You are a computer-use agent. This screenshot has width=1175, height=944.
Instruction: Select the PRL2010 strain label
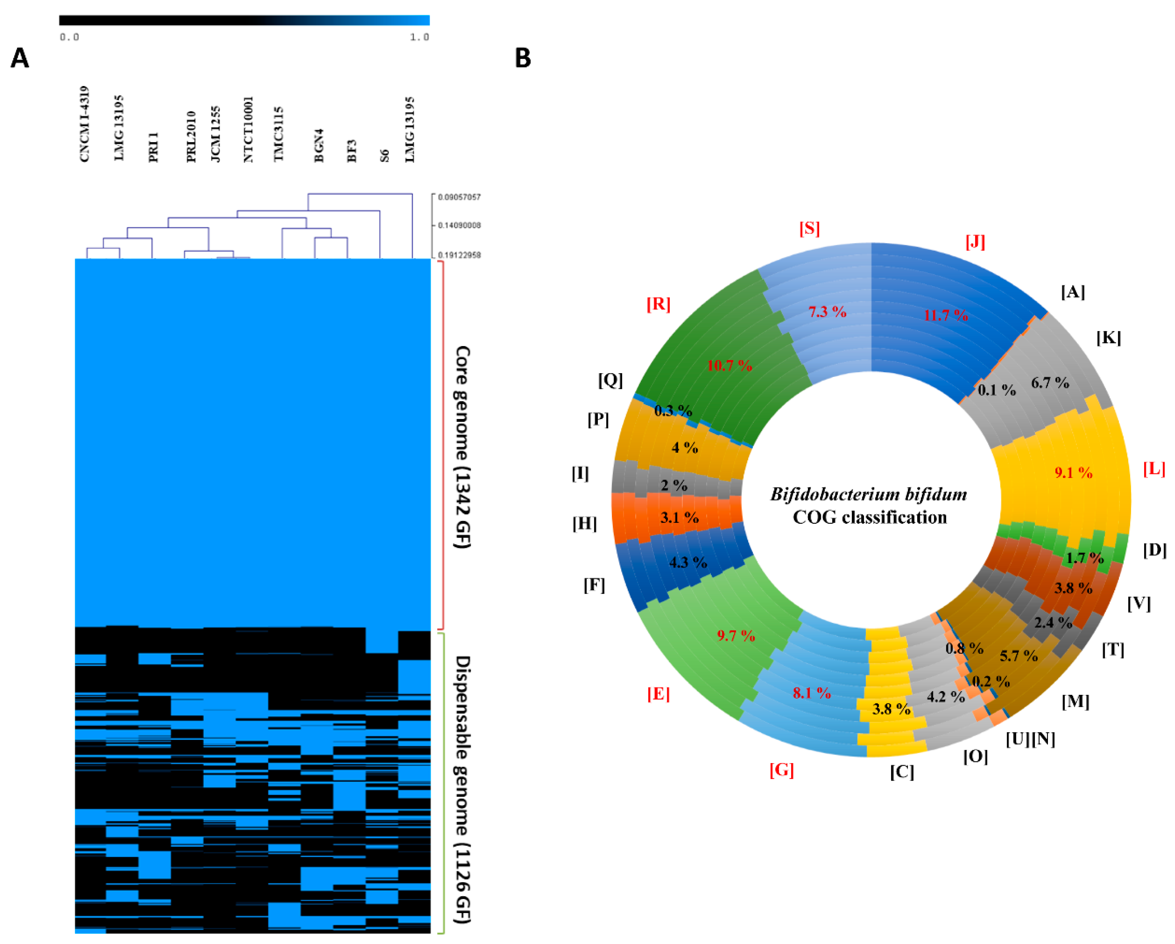191,136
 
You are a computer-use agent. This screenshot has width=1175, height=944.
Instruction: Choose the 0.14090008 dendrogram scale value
460,225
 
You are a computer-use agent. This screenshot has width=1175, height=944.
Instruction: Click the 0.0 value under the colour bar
69,37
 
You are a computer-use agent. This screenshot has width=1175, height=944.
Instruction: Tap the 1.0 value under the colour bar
420,37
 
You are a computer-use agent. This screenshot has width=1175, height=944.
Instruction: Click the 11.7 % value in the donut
946,315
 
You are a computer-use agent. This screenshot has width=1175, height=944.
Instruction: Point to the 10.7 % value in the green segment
729,365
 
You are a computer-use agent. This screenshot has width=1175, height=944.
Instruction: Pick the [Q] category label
610,380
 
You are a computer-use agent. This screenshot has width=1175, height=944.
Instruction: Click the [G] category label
782,770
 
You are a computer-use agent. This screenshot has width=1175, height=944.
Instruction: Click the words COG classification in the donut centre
870,517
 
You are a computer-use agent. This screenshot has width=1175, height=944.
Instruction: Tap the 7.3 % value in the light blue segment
827,312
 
